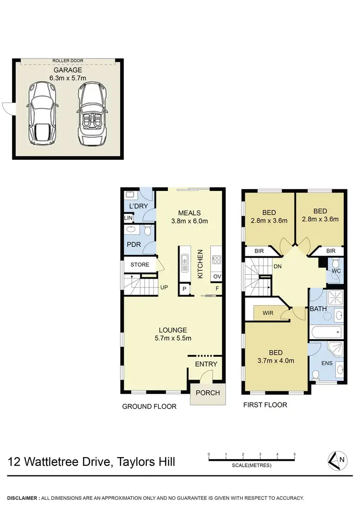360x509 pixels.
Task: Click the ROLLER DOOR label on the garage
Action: click(x=68, y=61)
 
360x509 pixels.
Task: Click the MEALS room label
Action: click(x=189, y=213)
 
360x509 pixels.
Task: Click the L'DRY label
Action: click(x=138, y=206)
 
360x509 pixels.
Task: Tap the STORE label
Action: click(x=140, y=265)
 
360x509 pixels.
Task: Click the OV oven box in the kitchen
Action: click(x=217, y=276)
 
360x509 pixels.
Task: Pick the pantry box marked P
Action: click(x=184, y=289)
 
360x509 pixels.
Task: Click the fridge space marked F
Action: click(x=217, y=289)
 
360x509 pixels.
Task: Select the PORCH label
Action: click(x=208, y=393)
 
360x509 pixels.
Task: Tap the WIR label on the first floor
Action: click(x=268, y=313)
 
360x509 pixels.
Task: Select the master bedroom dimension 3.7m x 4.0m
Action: click(x=276, y=361)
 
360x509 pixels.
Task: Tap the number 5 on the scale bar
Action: click(x=294, y=454)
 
